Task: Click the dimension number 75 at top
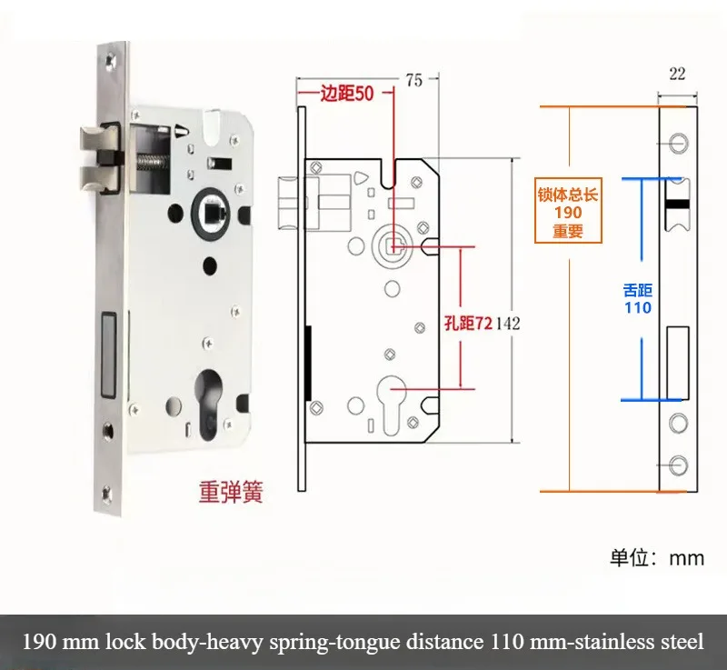point(413,80)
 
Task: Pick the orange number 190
point(567,212)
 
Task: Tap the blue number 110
point(638,308)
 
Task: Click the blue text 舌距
point(638,291)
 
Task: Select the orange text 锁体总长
point(567,194)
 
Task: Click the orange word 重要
point(567,231)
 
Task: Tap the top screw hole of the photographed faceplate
point(109,62)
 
